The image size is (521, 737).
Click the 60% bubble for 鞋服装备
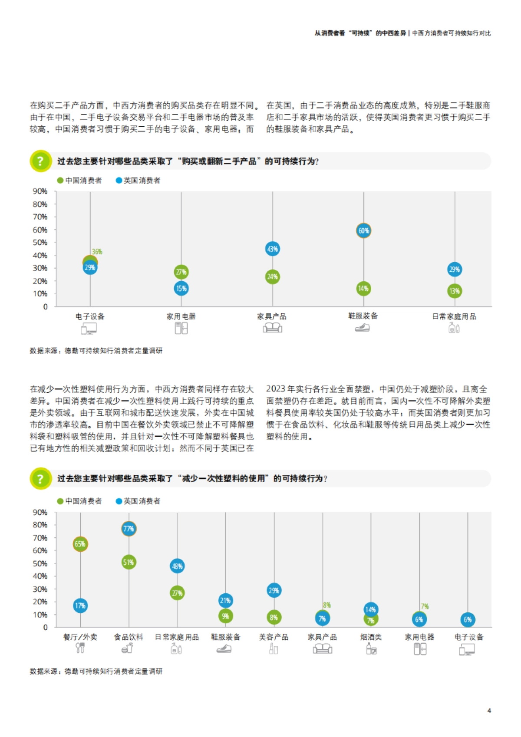pyautogui.click(x=363, y=230)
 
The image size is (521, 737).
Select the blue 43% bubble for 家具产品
pyautogui.click(x=272, y=249)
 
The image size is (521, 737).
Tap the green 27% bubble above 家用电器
pyautogui.click(x=181, y=272)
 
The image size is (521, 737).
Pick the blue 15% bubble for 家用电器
pyautogui.click(x=181, y=288)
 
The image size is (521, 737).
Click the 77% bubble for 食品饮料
pyautogui.click(x=129, y=529)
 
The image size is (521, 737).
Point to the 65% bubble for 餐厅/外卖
pyautogui.click(x=80, y=544)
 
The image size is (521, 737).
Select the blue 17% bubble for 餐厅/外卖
pyautogui.click(x=80, y=605)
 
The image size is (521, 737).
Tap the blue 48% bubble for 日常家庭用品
pyautogui.click(x=177, y=566)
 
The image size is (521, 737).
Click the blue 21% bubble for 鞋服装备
pyautogui.click(x=225, y=601)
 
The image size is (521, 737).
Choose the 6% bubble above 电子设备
pyautogui.click(x=468, y=620)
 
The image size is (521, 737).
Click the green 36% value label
pyautogui.click(x=97, y=252)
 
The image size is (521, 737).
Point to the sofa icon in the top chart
pyautogui.click(x=272, y=328)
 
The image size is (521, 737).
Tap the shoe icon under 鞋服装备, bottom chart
pyautogui.click(x=224, y=649)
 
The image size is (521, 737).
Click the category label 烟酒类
pyautogui.click(x=371, y=637)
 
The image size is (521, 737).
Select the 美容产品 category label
pyautogui.click(x=274, y=637)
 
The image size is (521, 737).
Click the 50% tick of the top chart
pyautogui.click(x=40, y=243)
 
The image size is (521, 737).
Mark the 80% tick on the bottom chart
pyautogui.click(x=40, y=525)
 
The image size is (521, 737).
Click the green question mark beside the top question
pyautogui.click(x=40, y=161)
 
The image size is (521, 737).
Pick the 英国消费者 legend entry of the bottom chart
pyautogui.click(x=138, y=501)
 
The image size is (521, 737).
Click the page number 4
pyautogui.click(x=489, y=711)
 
